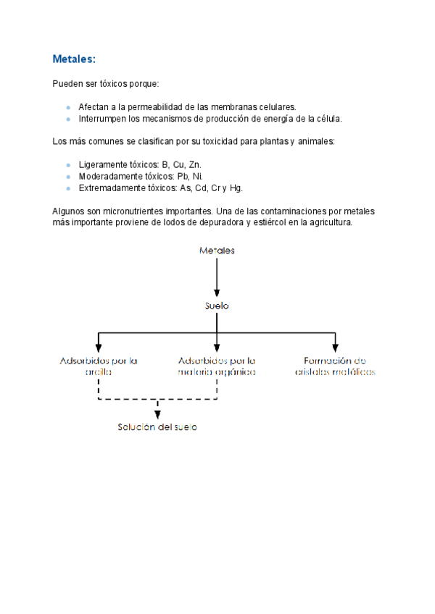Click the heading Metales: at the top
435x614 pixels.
[x=74, y=59]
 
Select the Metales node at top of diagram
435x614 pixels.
[x=217, y=251]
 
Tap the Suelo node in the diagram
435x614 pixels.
[x=217, y=306]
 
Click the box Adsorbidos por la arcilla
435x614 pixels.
[x=99, y=366]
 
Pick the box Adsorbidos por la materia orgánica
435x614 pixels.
[x=217, y=366]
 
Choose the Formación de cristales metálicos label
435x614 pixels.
[x=335, y=366]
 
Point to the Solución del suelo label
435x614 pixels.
[x=157, y=427]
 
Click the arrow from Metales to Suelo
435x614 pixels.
[x=217, y=278]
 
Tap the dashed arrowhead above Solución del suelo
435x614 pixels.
[x=157, y=414]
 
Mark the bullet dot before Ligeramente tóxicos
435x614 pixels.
[x=68, y=165]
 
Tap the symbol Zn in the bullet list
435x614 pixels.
[x=195, y=164]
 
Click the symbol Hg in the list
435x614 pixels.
[x=236, y=188]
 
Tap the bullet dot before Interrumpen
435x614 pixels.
[x=68, y=119]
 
